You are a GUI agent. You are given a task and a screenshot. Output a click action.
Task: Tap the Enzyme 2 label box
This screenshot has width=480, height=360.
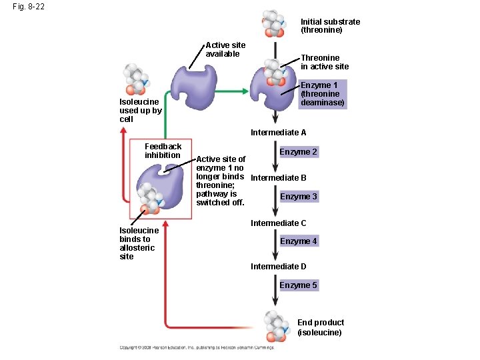(x=298, y=152)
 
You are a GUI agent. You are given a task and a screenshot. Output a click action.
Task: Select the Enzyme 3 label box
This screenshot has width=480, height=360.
(x=299, y=197)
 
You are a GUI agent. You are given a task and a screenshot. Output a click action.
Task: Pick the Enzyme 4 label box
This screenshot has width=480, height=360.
(x=299, y=241)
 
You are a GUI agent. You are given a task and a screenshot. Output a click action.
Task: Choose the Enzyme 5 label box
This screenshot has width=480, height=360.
(x=298, y=285)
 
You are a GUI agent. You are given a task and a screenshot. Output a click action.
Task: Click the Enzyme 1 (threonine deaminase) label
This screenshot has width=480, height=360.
(x=323, y=94)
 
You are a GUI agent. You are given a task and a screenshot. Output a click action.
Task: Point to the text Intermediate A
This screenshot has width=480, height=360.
(x=278, y=133)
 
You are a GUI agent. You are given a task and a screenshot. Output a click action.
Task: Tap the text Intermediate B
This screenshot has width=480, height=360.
(x=278, y=178)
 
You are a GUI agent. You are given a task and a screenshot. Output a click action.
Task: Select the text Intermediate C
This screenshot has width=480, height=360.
(x=278, y=223)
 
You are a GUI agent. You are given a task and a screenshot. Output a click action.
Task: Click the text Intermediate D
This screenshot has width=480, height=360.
(x=278, y=267)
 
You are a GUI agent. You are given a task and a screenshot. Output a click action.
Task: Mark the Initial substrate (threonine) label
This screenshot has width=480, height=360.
(x=330, y=26)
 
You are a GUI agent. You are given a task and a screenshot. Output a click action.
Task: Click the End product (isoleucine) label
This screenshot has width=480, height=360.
(x=320, y=327)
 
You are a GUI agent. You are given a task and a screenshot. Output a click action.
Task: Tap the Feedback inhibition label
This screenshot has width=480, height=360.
(x=163, y=151)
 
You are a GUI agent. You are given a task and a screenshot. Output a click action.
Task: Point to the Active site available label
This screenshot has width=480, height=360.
(x=225, y=49)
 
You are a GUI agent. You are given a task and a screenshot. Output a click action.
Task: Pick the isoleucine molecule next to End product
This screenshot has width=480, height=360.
(x=276, y=325)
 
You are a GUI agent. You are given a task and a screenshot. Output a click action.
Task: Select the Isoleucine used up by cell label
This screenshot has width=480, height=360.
(x=140, y=111)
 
